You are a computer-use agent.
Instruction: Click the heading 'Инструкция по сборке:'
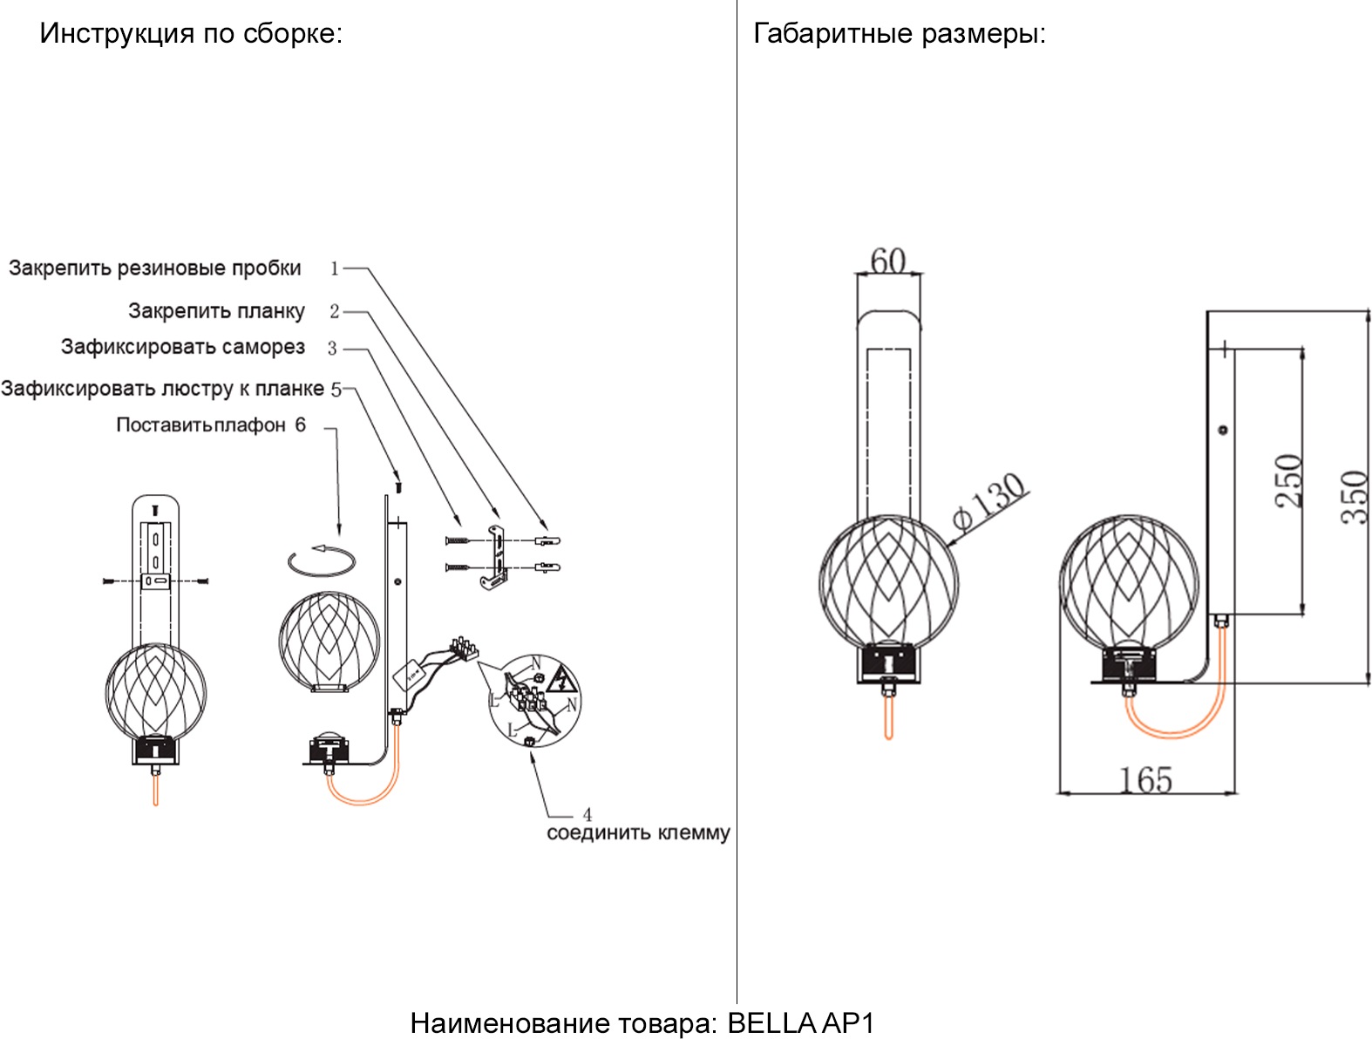[191, 34]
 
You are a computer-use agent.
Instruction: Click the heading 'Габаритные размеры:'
[899, 34]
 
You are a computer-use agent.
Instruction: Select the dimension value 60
[888, 260]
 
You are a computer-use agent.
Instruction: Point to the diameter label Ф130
[989, 500]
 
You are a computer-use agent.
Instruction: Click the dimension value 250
[1289, 480]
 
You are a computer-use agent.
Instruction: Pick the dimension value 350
[1355, 497]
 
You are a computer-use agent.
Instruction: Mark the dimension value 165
[1145, 779]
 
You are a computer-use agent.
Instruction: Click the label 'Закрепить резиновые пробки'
[155, 268]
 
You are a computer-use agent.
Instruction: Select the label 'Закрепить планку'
[216, 311]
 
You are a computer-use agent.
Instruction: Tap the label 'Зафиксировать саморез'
[183, 347]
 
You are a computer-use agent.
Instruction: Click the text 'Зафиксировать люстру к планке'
[162, 389]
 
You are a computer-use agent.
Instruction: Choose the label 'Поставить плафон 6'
[211, 425]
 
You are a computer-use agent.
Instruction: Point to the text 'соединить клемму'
[638, 833]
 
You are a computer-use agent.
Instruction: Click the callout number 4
[588, 814]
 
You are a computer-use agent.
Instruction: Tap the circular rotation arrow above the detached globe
[321, 561]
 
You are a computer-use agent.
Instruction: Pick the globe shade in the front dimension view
[888, 580]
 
